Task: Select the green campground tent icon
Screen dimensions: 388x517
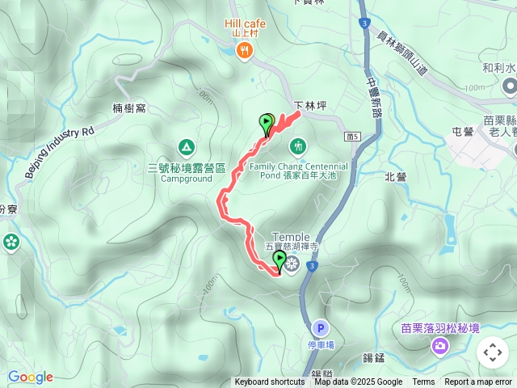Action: pos(186,146)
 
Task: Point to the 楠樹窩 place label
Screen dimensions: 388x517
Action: pos(129,108)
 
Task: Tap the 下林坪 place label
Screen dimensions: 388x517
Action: pos(308,105)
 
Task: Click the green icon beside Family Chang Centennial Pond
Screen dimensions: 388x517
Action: pos(298,146)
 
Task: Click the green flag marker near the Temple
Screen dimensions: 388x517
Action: pos(280,260)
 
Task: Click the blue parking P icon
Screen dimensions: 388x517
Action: pos(321,328)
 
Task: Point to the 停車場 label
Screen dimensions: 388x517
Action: pos(321,345)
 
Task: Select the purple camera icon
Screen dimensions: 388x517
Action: pos(439,347)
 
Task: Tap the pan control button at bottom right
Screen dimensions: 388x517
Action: pos(492,352)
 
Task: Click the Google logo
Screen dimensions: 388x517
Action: pos(30,377)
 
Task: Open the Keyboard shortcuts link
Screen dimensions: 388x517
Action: pos(270,382)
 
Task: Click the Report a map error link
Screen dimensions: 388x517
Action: pos(478,382)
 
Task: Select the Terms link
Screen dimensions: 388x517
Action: pos(423,382)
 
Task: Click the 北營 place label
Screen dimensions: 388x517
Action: pos(396,176)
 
